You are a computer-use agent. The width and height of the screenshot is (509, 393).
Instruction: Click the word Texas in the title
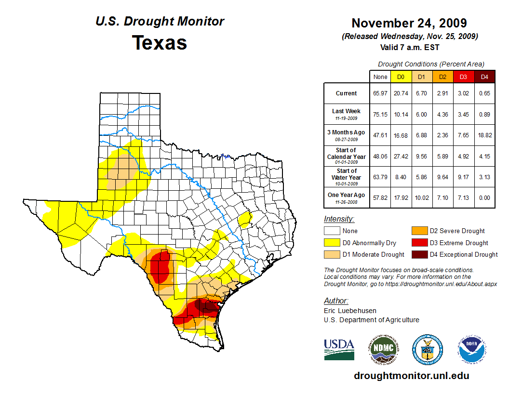(160, 42)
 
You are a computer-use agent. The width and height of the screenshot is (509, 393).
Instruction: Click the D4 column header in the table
(484, 77)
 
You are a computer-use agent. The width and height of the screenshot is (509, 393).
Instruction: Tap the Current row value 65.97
(380, 93)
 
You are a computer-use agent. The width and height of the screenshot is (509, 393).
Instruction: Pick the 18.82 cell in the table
(484, 135)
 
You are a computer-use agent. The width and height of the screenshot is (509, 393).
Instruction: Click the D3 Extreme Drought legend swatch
(417, 243)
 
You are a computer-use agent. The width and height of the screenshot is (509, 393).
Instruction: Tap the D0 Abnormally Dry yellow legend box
(331, 243)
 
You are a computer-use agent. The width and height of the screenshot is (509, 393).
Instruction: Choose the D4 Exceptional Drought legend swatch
(417, 254)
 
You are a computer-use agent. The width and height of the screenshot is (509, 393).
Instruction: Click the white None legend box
(331, 231)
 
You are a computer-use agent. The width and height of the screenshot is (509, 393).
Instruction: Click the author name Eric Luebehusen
(350, 311)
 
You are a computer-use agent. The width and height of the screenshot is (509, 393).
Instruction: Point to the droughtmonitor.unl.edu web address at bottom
(411, 376)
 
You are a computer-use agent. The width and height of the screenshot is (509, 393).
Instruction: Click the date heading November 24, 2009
(409, 23)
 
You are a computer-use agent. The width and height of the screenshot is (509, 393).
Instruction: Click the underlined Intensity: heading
(339, 219)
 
